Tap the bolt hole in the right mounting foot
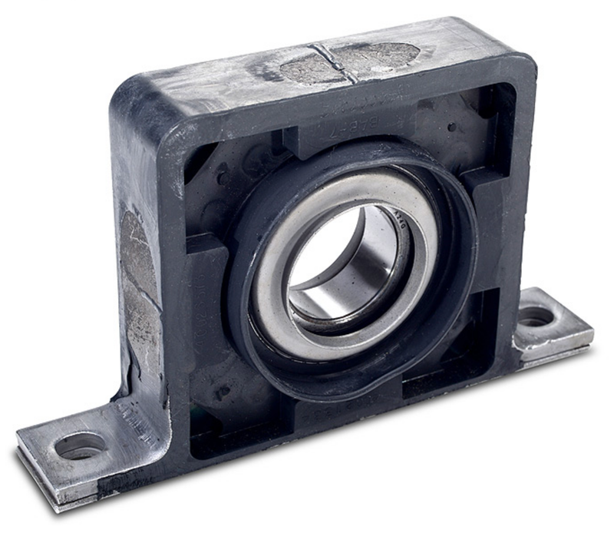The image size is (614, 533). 535,316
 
